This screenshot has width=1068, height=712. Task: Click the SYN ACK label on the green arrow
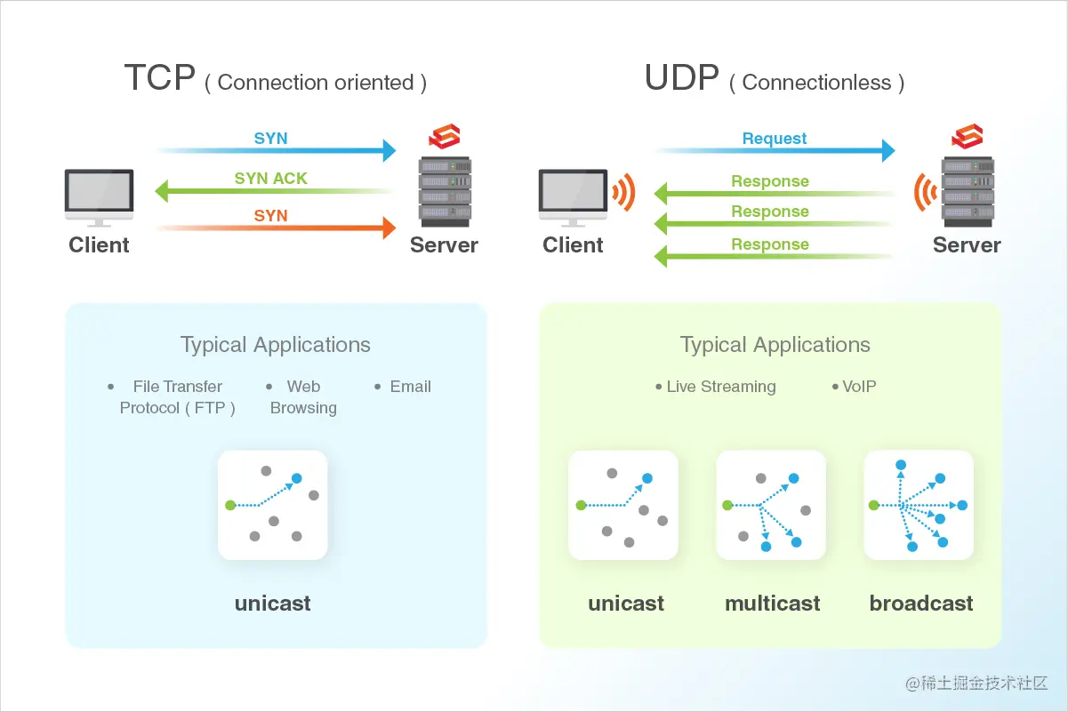click(x=270, y=179)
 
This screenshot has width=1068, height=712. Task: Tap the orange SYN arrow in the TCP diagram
click(x=276, y=228)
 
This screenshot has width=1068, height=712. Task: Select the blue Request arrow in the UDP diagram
click(x=774, y=151)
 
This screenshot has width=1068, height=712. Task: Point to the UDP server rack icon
click(x=968, y=192)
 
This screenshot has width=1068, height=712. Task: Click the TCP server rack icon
click(x=445, y=192)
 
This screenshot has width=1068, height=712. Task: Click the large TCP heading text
click(x=159, y=78)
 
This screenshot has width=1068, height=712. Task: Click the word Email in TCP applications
click(x=410, y=387)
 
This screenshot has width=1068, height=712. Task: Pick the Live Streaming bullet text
click(x=720, y=387)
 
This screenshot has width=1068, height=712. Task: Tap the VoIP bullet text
click(x=859, y=387)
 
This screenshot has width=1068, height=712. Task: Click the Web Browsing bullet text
click(x=303, y=397)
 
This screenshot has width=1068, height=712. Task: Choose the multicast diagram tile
click(x=771, y=505)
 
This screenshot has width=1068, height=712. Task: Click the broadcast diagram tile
click(x=919, y=505)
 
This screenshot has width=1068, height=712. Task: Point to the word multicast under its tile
click(x=772, y=604)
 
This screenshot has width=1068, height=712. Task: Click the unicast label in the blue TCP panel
click(x=273, y=604)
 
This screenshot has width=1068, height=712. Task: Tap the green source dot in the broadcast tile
click(x=874, y=505)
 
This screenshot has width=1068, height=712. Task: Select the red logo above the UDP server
click(x=967, y=137)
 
